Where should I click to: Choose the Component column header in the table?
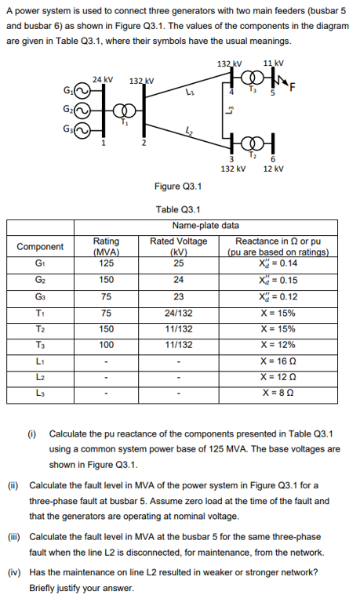(40, 246)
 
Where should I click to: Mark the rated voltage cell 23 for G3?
(178, 296)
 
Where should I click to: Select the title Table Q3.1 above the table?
(178, 209)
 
